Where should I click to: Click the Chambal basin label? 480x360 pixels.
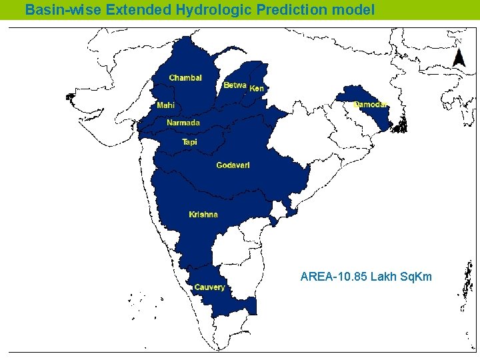[185, 78]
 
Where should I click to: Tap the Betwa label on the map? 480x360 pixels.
[235, 85]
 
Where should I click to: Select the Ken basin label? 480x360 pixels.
[257, 89]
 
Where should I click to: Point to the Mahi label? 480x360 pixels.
[166, 105]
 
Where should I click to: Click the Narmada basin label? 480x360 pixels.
[183, 123]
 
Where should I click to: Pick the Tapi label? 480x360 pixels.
[190, 142]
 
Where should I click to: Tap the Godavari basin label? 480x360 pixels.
[233, 165]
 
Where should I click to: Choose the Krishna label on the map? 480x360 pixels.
[203, 214]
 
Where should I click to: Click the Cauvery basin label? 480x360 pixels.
[209, 287]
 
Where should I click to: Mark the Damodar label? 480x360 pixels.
[370, 105]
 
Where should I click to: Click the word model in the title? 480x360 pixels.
[357, 10]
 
